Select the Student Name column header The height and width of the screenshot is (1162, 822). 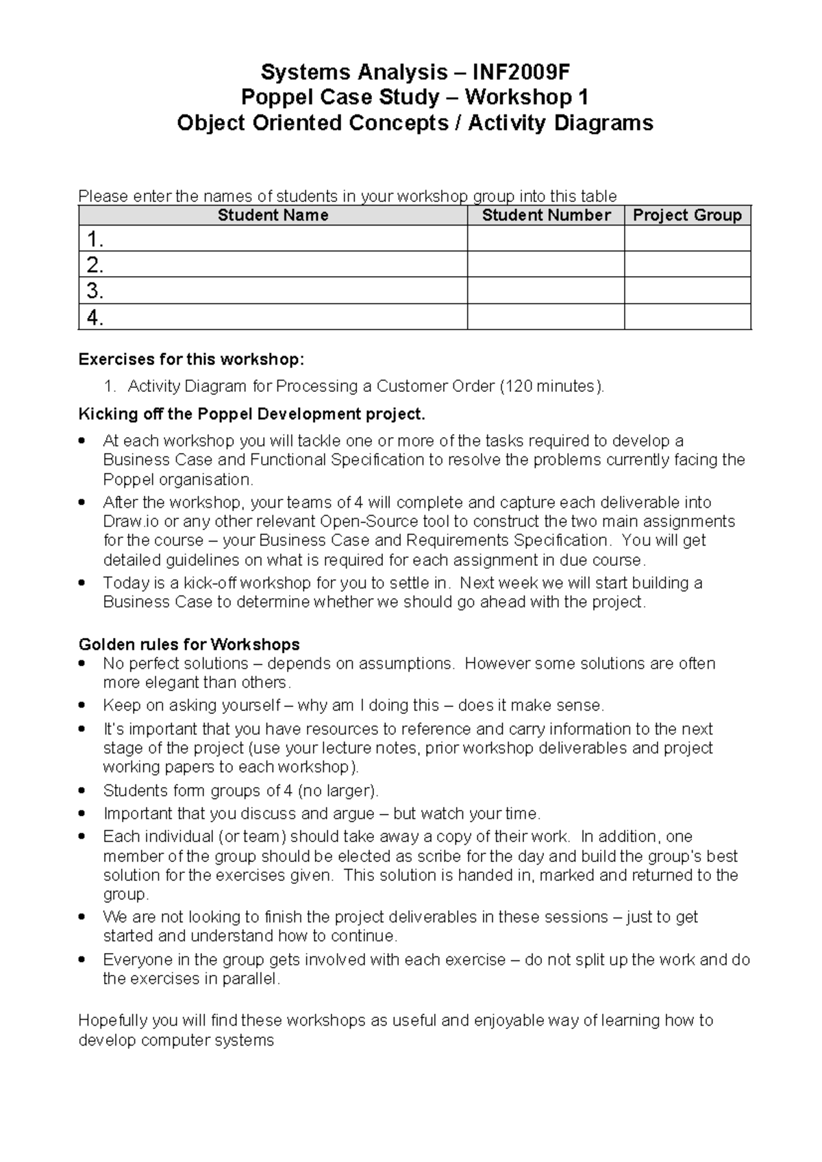(x=273, y=216)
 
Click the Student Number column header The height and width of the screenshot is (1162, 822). (x=546, y=216)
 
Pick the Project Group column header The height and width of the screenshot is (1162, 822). (x=687, y=216)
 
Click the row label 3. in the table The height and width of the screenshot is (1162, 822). (x=95, y=291)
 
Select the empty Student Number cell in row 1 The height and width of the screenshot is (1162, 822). (x=546, y=239)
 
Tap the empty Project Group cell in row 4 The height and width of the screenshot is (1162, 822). (x=687, y=317)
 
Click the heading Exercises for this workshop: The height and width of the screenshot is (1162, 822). (x=190, y=360)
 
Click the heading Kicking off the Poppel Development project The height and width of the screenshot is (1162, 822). (x=252, y=415)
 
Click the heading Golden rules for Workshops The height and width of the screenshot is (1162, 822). (x=189, y=645)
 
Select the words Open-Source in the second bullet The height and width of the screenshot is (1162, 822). (x=361, y=521)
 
